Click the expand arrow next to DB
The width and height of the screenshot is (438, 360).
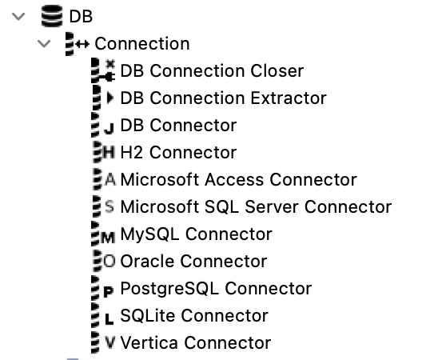point(18,16)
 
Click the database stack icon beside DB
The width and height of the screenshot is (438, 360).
point(52,16)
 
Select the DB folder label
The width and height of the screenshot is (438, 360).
point(82,16)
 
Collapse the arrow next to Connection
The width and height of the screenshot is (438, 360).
point(44,43)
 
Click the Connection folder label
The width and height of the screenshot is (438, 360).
point(141,43)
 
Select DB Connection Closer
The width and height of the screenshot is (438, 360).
point(212,70)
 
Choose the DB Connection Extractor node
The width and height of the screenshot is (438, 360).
point(223,98)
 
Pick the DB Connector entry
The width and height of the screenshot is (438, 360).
point(178,125)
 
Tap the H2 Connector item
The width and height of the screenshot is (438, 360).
point(178,152)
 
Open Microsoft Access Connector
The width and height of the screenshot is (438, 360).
point(238,179)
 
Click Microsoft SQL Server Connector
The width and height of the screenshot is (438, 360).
point(256,206)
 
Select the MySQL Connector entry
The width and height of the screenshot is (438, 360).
point(196,234)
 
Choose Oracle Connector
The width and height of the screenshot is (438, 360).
point(193,261)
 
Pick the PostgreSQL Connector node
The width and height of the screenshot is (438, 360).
point(216,288)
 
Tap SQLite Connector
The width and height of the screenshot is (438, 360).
point(194,315)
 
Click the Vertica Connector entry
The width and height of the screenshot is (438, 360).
point(195,342)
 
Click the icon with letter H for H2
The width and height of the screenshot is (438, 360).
point(104,152)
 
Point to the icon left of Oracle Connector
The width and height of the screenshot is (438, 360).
point(104,261)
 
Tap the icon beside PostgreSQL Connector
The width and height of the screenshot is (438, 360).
point(104,288)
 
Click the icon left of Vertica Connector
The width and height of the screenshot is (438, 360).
point(104,342)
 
